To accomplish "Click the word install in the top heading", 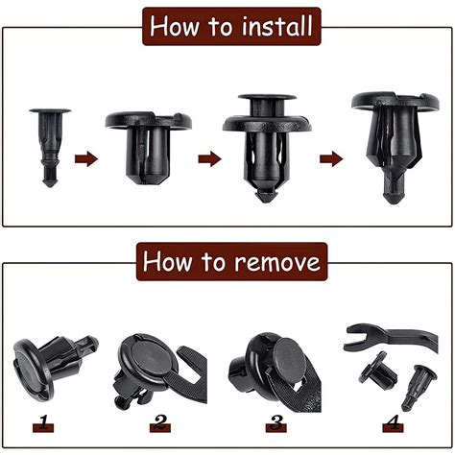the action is (276, 26).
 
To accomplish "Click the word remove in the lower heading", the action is (277, 262).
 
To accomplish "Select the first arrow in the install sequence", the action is (86, 159).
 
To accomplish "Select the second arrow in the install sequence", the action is (209, 159).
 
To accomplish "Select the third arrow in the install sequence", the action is (331, 159).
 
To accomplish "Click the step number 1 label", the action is (43, 423).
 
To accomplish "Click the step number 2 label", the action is (160, 423).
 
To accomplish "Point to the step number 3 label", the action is (276, 423).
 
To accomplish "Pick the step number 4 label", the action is (393, 423).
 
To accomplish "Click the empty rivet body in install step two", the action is (149, 147).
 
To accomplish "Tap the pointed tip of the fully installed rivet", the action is (394, 200).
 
